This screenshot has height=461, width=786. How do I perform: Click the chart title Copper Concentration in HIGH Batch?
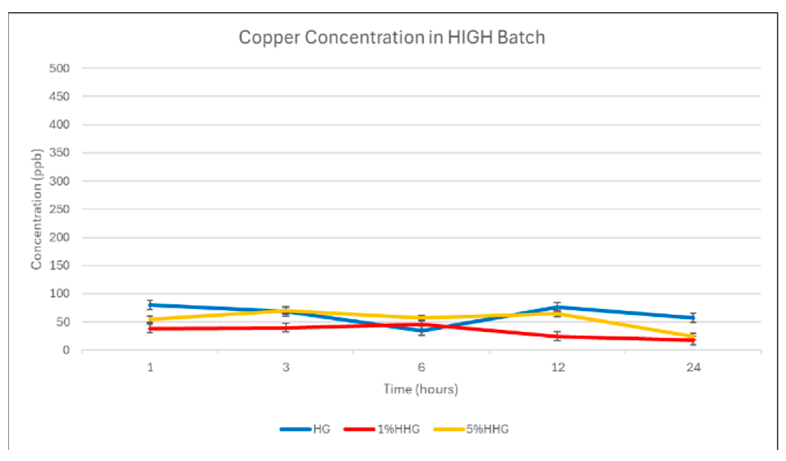pos(392,38)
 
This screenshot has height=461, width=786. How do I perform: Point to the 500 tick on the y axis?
pos(59,68)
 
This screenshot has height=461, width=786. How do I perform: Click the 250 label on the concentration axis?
pos(59,209)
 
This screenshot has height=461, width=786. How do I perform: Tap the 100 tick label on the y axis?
pos(59,293)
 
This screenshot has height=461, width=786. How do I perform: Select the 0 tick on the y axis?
pos(66,350)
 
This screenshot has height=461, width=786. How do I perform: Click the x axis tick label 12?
pos(558,367)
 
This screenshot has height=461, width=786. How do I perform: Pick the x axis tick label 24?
pos(693,367)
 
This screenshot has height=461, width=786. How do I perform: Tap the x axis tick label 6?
pos(422,367)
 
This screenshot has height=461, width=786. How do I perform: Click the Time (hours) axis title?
pos(421,389)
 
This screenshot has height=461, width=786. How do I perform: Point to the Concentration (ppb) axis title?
pos(36,209)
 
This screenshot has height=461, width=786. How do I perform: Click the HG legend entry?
pos(305,429)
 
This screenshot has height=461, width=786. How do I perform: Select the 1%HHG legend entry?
pos(382,429)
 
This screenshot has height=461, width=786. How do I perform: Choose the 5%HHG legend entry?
pos(471,429)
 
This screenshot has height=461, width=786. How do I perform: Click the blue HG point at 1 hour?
pos(150,305)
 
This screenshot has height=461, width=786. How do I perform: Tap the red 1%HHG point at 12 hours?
pos(557,336)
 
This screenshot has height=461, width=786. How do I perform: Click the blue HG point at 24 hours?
pos(693,318)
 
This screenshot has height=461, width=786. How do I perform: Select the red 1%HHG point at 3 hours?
pos(286,328)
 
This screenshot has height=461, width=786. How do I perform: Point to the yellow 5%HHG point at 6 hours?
pos(422,318)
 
